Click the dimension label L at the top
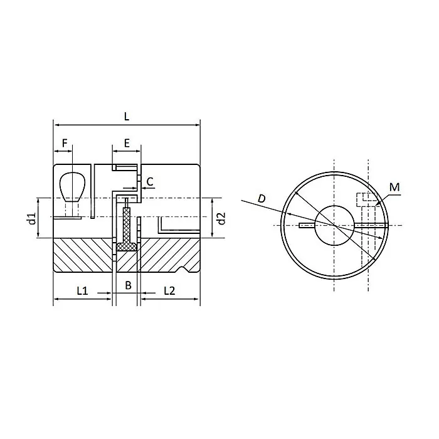[x=127, y=116]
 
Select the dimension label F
[x=63, y=144]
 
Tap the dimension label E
[x=127, y=144]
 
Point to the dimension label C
[x=149, y=182]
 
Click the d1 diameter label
[x=30, y=218]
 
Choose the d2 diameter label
[x=220, y=218]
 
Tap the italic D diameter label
[x=262, y=199]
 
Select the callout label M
[x=394, y=187]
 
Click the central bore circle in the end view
[x=334, y=225]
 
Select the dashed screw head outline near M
[x=364, y=200]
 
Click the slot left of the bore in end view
[x=307, y=225]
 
